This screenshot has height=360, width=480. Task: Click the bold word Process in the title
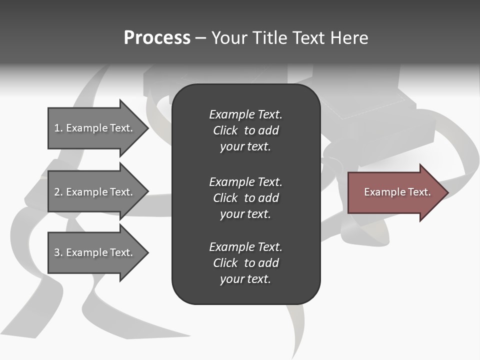click(157, 38)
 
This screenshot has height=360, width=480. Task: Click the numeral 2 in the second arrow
click(57, 192)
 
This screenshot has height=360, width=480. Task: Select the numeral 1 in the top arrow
click(57, 128)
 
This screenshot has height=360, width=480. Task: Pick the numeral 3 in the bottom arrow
click(57, 252)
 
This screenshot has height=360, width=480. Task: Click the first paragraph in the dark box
click(245, 130)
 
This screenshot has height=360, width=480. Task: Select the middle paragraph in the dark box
click(245, 197)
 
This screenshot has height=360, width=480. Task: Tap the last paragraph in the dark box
click(245, 263)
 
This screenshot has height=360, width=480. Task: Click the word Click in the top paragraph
click(225, 130)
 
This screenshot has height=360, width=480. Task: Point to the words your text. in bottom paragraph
click(245, 279)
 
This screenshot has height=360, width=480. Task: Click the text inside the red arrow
click(397, 192)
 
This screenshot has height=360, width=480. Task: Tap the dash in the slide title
click(200, 38)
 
